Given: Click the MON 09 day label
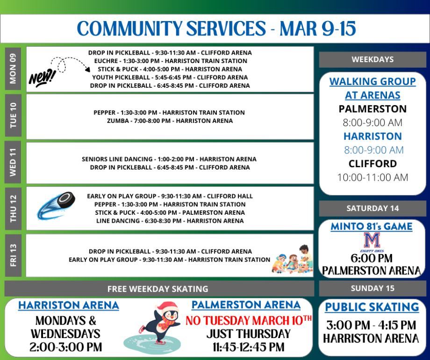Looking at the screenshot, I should click(x=13, y=69).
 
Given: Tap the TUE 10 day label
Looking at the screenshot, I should click(x=13, y=115).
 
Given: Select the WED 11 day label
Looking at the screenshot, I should click(x=13, y=162).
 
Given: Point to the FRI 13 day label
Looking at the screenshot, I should click(x=13, y=255).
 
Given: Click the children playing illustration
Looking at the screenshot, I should click(x=293, y=259).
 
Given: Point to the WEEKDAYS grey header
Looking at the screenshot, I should click(x=373, y=59).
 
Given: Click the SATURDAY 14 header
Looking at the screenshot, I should click(x=373, y=208).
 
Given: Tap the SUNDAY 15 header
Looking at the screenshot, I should click(x=373, y=288).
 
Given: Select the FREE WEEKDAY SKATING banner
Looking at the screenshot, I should click(x=158, y=289).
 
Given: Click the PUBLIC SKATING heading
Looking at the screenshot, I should click(x=372, y=307).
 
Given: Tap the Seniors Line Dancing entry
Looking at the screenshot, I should click(x=169, y=159).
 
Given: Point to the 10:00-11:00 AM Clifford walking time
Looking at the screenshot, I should click(x=373, y=177).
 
